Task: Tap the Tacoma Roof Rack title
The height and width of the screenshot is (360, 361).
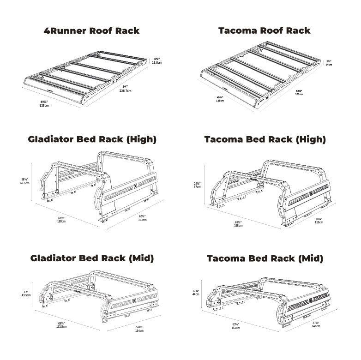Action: click(264, 31)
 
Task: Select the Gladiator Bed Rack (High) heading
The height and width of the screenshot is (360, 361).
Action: click(92, 139)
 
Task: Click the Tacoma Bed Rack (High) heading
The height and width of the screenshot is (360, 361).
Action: click(265, 139)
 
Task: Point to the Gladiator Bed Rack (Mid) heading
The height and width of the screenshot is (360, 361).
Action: click(92, 258)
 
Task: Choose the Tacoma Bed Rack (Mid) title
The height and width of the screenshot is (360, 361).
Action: click(265, 258)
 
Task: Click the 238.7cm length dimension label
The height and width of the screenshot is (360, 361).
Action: click(125, 91)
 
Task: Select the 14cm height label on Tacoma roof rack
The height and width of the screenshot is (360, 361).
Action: click(329, 65)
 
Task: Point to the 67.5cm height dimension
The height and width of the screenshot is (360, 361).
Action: click(25, 183)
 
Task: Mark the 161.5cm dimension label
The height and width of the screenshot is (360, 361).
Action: click(61, 327)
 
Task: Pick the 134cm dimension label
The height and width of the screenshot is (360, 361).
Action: click(139, 330)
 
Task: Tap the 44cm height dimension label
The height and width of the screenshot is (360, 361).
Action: click(197, 294)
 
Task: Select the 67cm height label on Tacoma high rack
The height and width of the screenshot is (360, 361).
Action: click(197, 187)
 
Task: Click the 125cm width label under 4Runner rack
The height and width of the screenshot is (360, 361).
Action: click(45, 105)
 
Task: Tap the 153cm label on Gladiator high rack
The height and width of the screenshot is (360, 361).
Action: click(142, 220)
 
